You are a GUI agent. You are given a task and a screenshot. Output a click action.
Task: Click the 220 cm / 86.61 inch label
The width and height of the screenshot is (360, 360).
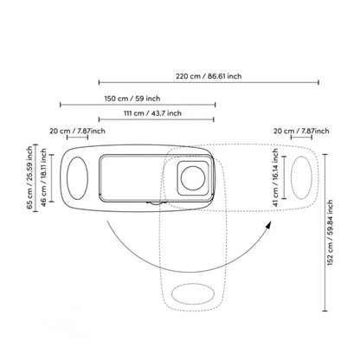pos(209,76)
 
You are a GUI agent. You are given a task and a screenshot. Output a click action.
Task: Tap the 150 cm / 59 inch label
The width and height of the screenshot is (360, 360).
pos(132,99)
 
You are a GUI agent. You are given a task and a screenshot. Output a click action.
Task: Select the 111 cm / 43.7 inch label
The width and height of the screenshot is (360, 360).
pos(152,113)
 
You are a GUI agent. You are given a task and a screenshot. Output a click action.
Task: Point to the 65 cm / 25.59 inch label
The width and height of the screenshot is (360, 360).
pos(29,177)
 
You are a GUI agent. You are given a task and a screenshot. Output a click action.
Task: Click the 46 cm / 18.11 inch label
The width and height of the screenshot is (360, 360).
pos(43,177)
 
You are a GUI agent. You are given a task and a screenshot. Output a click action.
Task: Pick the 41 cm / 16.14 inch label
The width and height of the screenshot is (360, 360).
pos(275,177)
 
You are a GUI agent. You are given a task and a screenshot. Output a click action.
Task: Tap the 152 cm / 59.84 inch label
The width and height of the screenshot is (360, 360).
pos(330,233)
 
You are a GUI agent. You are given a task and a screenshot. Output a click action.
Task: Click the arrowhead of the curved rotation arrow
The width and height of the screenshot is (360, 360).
pos(268,225)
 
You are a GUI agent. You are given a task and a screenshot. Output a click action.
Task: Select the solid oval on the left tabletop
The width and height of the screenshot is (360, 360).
pos(77,178)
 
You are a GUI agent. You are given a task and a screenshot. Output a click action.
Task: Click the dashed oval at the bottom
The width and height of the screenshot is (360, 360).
pos(193,294)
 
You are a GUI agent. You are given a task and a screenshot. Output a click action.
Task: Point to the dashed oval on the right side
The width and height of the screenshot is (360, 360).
pos(301,177)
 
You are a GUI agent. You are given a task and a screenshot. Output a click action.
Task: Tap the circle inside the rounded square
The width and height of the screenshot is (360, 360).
pos(193,178)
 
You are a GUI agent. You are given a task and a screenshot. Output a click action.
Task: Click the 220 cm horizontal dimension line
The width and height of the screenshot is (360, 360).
pos(209,82)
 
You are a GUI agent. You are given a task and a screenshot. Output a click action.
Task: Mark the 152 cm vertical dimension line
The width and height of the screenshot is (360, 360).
pos(325,233)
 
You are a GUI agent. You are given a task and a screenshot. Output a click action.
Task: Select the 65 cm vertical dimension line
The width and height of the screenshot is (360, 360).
pos(35,178)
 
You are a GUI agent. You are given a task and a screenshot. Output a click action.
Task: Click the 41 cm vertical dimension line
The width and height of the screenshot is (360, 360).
pos(284,177)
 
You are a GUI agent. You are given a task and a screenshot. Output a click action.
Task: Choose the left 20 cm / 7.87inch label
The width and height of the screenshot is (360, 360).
pos(77,131)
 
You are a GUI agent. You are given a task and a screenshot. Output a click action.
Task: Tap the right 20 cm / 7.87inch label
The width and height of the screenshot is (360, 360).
pos(301,131)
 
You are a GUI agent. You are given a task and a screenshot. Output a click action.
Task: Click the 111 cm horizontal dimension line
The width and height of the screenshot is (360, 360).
pos(156,119)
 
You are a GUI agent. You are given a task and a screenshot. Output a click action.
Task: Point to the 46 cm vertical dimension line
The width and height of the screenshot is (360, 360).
pos(52,178)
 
